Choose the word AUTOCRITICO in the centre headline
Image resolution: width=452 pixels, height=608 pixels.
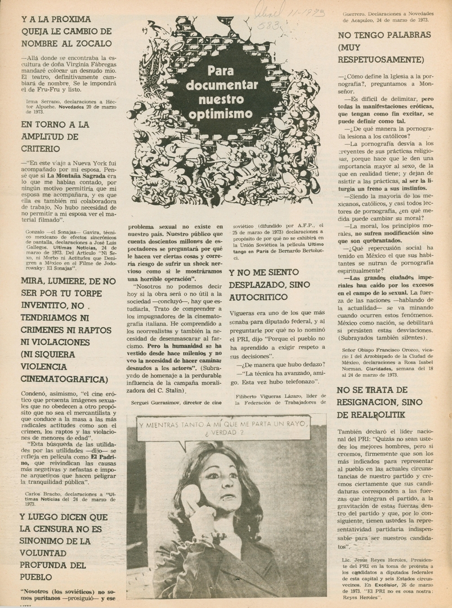(x=262, y=309)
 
